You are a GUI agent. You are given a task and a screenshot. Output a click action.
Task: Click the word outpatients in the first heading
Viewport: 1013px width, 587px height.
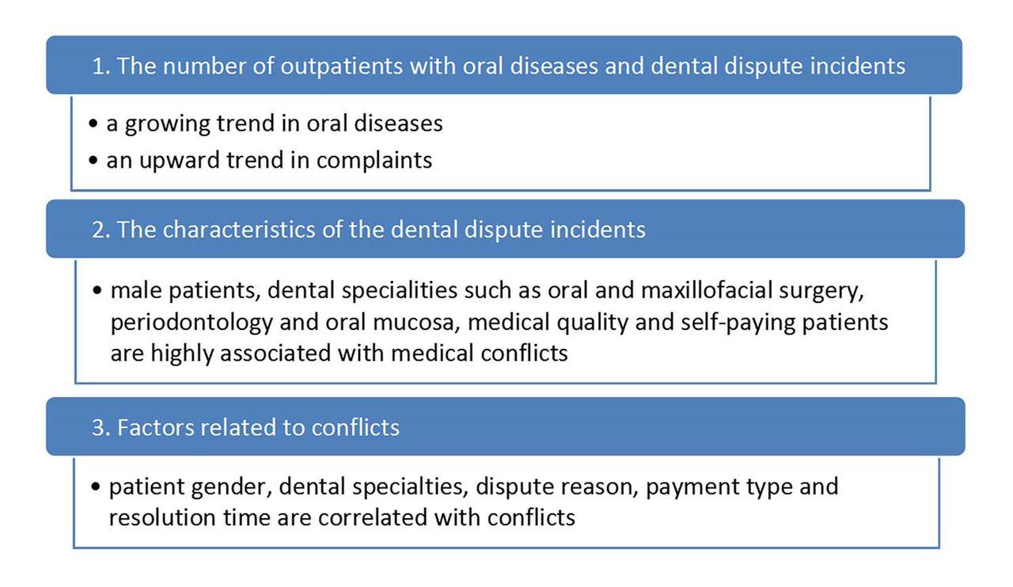(x=341, y=66)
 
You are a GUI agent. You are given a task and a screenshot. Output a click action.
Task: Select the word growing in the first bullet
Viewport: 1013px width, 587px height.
(x=167, y=124)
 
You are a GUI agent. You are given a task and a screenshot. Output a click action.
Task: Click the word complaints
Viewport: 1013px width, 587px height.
(x=374, y=161)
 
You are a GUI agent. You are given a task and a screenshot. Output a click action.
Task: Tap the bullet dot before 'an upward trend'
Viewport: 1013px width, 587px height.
(x=93, y=160)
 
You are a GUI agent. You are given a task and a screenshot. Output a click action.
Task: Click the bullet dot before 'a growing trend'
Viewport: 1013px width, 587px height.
(x=93, y=123)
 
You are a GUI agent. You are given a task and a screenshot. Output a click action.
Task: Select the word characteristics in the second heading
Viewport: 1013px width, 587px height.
(x=239, y=229)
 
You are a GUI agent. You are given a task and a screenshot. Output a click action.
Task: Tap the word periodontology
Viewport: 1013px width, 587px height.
(x=192, y=323)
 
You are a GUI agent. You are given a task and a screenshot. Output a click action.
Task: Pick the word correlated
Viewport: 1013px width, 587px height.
(x=373, y=518)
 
